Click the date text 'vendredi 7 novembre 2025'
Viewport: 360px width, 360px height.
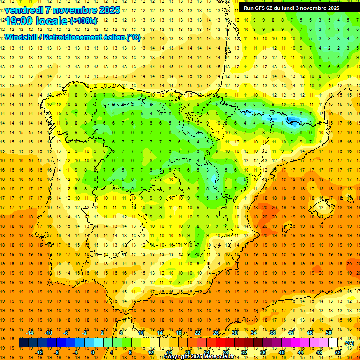(x=62, y=10)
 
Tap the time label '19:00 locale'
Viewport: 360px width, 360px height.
(x=37, y=21)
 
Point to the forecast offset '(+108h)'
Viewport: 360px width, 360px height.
(x=83, y=21)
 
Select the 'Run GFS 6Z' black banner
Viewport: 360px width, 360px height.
(x=299, y=8)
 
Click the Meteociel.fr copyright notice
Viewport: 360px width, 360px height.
(x=205, y=357)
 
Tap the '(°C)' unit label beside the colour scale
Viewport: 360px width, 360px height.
(x=349, y=343)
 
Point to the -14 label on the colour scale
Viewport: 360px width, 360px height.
(x=30, y=333)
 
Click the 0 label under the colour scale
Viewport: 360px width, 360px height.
(x=93, y=352)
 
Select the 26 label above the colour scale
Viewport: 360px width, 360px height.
(x=216, y=333)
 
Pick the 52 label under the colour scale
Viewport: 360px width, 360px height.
(x=338, y=352)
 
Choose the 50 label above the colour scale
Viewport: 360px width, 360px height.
(x=329, y=333)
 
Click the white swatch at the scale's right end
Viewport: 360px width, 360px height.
(x=333, y=343)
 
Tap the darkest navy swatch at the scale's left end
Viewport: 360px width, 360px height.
(x=23, y=343)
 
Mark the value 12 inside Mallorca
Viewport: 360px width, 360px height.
(x=321, y=207)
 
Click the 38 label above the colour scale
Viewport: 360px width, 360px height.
(x=272, y=333)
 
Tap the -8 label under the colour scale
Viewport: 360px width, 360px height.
(x=57, y=352)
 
